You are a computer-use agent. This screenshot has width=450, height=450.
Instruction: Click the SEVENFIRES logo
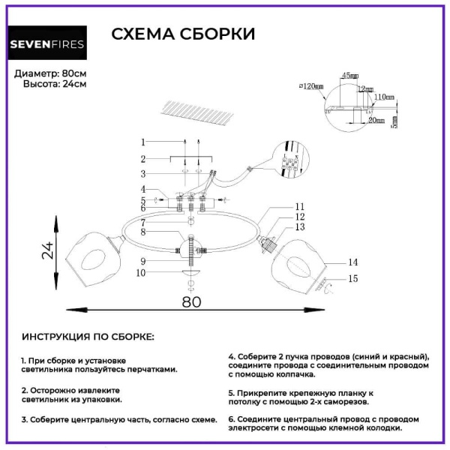click(x=46, y=43)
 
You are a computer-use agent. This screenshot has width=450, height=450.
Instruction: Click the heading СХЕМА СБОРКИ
click(x=183, y=34)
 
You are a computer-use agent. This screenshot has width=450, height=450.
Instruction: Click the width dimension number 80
click(x=192, y=301)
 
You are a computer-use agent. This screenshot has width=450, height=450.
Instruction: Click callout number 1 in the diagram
click(x=142, y=142)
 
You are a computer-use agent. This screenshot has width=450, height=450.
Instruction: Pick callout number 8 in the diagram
click(x=142, y=232)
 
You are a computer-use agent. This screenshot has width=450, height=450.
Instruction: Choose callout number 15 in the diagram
click(x=352, y=280)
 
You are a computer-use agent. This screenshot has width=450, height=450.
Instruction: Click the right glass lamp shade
click(x=297, y=262)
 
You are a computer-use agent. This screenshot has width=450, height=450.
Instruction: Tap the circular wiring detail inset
click(x=292, y=160)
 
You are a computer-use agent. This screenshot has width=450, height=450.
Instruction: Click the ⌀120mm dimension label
click(x=310, y=86)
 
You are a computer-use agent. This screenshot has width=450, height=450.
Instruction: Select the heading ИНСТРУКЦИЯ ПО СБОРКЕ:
click(x=88, y=337)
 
